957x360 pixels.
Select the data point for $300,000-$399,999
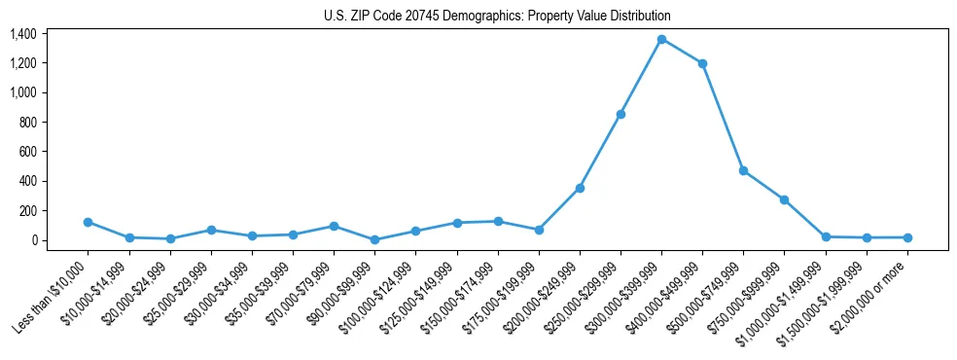(x=661, y=39)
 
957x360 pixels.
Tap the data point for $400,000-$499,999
(x=702, y=63)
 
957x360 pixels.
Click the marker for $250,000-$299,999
(x=620, y=114)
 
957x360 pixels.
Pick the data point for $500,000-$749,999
(x=743, y=170)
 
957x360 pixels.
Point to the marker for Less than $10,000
(x=88, y=222)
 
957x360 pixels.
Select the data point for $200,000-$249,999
(x=580, y=188)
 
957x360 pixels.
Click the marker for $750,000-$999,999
(x=784, y=199)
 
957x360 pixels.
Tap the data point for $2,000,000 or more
(x=907, y=237)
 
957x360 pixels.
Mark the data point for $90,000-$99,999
(x=374, y=239)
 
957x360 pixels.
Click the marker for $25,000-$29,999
(x=211, y=230)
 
